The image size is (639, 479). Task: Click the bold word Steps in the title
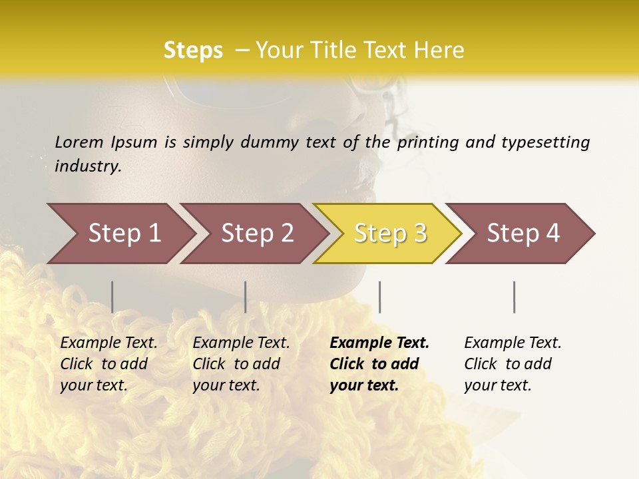(193, 51)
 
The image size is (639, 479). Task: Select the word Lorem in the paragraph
(79, 142)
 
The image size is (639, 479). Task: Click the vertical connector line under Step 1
(112, 297)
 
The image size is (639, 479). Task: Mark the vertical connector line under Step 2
(246, 297)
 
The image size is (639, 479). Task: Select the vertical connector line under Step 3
(379, 297)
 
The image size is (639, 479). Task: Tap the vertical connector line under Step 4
(514, 297)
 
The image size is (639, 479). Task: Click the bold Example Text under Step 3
(379, 343)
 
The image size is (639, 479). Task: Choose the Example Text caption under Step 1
(108, 343)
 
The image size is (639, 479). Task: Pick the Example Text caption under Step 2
(241, 343)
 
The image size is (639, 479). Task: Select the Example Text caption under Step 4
(513, 343)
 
